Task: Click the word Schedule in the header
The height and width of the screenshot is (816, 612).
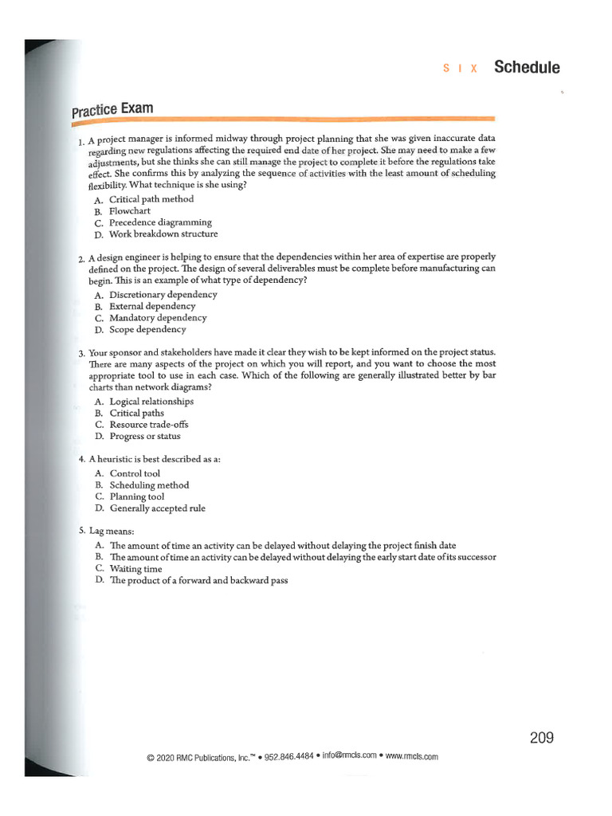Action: [527, 67]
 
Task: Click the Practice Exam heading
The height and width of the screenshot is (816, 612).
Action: [112, 108]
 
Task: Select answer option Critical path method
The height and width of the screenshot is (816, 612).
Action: [151, 199]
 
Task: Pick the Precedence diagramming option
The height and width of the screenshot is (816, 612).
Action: [160, 222]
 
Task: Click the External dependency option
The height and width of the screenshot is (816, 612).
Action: [151, 306]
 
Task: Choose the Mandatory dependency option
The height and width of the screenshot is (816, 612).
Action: [158, 318]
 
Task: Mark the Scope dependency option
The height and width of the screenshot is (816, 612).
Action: [147, 329]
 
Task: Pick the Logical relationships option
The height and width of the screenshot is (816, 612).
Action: [151, 402]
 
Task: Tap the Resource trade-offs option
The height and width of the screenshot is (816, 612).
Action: [149, 425]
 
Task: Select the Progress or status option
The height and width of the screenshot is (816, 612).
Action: [145, 436]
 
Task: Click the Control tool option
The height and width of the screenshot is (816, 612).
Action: [135, 473]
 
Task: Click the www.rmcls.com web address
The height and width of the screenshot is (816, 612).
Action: [411, 756]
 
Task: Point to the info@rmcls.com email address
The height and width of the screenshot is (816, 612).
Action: [349, 756]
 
